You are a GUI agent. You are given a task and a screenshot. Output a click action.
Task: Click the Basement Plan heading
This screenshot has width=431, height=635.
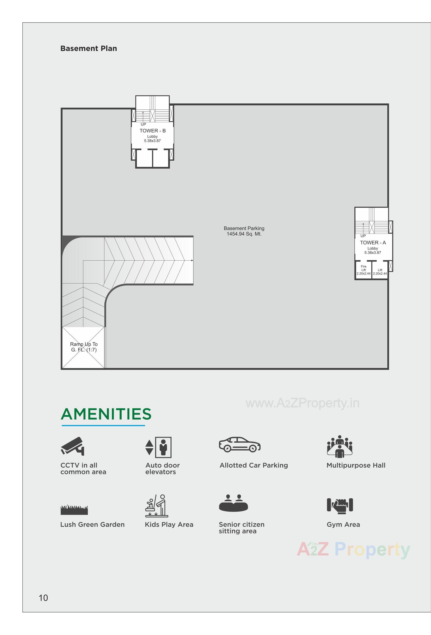(89, 48)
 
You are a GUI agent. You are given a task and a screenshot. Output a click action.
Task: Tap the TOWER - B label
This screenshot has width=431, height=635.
(153, 131)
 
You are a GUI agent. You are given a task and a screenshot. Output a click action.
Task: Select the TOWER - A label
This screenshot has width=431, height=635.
(373, 243)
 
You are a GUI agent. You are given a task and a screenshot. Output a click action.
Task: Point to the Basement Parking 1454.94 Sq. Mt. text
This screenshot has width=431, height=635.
(244, 231)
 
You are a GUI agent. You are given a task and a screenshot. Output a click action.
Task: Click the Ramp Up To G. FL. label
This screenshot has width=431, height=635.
(84, 347)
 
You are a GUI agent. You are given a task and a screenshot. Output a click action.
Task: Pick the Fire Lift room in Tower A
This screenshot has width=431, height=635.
(363, 270)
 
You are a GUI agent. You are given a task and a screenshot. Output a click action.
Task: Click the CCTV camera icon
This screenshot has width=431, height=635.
(72, 446)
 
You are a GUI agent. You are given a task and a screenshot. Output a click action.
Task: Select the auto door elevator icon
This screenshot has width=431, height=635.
(158, 447)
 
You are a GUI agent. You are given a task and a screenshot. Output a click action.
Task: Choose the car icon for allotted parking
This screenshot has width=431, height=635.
(240, 444)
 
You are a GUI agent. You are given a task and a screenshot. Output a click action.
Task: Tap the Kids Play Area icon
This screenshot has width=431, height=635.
(156, 506)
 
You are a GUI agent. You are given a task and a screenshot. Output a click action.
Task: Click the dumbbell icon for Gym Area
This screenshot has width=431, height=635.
(340, 505)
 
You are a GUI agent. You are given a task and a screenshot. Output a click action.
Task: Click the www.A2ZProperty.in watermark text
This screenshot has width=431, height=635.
(303, 403)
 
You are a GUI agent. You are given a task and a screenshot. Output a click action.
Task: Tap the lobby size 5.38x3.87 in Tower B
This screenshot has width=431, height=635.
(152, 141)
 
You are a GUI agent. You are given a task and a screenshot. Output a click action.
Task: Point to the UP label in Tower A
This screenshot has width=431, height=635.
(363, 236)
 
